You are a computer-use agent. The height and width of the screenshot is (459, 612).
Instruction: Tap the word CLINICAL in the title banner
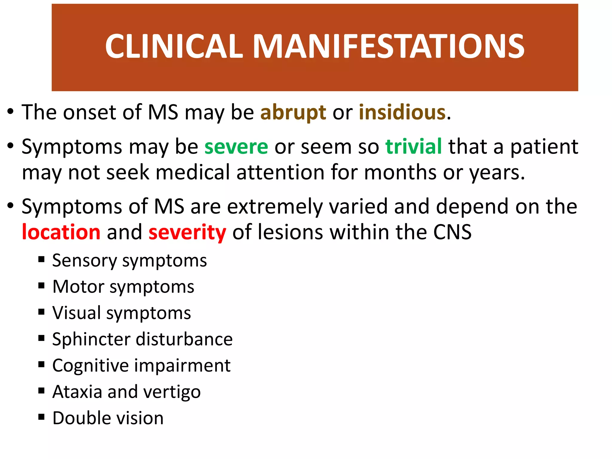(x=174, y=46)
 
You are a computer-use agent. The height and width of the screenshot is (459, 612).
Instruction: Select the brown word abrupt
(x=293, y=113)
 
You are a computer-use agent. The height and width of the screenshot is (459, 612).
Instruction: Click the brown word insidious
(x=402, y=113)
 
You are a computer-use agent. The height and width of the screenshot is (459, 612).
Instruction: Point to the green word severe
(x=236, y=147)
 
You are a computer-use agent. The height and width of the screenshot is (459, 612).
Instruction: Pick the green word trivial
(x=414, y=147)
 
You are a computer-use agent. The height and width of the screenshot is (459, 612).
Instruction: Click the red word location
(x=61, y=232)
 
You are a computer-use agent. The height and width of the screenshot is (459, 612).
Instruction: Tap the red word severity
(x=187, y=232)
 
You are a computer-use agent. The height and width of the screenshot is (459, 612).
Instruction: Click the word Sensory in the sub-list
(x=84, y=261)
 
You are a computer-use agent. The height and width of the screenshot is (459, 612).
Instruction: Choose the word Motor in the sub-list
(x=78, y=287)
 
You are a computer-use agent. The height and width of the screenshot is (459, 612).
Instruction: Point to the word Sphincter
(x=91, y=339)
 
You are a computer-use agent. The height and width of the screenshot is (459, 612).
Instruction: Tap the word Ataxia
(x=77, y=392)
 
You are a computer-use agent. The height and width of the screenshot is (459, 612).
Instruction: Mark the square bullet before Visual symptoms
(x=42, y=312)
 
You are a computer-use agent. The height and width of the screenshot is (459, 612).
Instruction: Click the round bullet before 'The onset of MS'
(x=11, y=112)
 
